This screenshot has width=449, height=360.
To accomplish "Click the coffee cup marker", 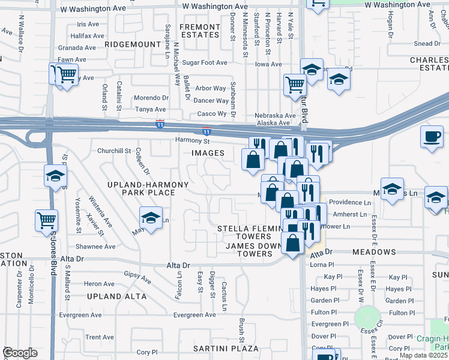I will coord(431,137).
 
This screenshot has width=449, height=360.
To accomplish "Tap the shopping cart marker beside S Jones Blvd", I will coord(46,220).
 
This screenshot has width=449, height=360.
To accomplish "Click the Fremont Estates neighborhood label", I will coord(200,31).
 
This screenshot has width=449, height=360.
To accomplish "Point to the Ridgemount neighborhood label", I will coord(132,44).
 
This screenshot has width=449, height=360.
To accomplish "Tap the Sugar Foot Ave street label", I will coord(205,62).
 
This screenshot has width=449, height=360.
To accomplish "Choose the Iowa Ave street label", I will coord(268,64).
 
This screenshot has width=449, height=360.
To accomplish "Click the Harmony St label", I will coord(191,141).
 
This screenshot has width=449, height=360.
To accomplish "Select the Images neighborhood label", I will coord(208,153).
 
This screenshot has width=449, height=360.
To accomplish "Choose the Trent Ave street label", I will coord(100,337).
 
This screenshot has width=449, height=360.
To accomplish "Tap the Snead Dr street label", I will coord(427,43).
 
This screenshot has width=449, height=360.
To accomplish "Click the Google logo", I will coord(20,353).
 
